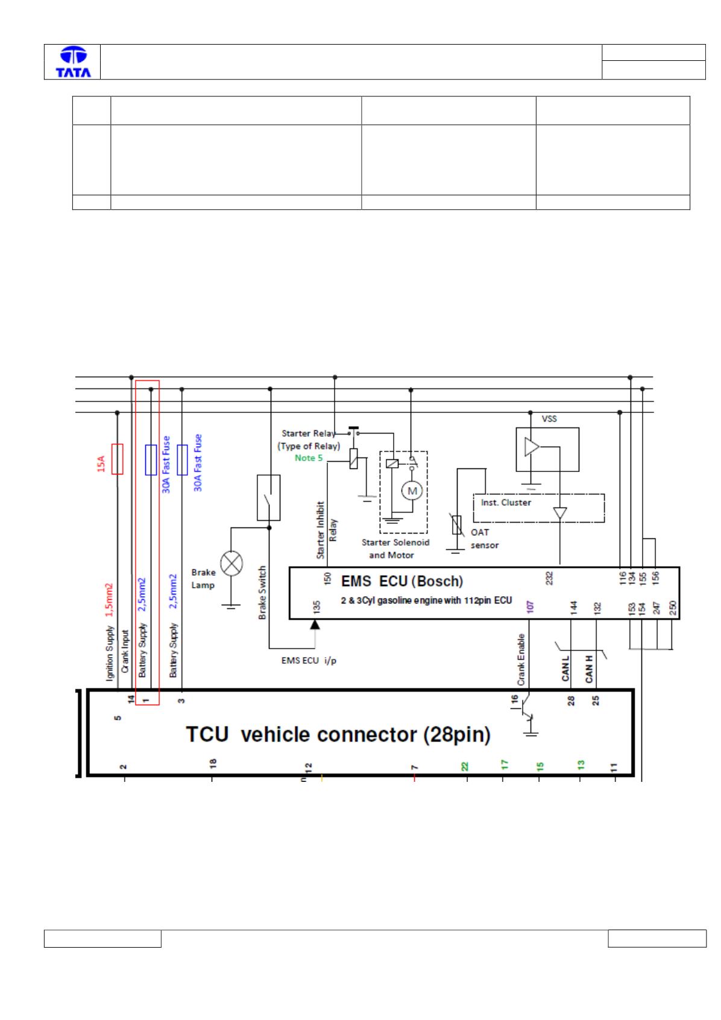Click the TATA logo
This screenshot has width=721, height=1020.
click(73, 61)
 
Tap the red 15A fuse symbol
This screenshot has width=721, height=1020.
click(118, 459)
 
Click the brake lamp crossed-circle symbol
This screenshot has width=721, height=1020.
click(231, 563)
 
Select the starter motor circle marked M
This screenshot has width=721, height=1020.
click(412, 491)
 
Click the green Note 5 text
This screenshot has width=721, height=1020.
click(308, 458)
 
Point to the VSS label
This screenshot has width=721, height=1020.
click(549, 418)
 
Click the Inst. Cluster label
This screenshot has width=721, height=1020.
click(506, 502)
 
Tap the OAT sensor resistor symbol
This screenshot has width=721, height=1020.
click(456, 524)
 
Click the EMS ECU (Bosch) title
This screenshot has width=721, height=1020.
click(401, 581)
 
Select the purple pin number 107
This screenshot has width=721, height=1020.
click(529, 606)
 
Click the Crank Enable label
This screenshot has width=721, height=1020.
click(521, 660)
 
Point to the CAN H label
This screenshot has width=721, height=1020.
click(589, 669)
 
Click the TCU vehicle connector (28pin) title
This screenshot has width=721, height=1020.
click(338, 734)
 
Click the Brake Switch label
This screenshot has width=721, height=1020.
click(262, 593)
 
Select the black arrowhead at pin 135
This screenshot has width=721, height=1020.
click(315, 625)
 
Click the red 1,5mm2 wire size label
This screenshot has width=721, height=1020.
click(109, 600)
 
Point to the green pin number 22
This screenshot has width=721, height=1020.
click(464, 766)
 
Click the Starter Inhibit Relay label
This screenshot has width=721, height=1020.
click(326, 530)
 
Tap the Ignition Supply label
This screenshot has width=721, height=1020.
click(109, 653)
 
